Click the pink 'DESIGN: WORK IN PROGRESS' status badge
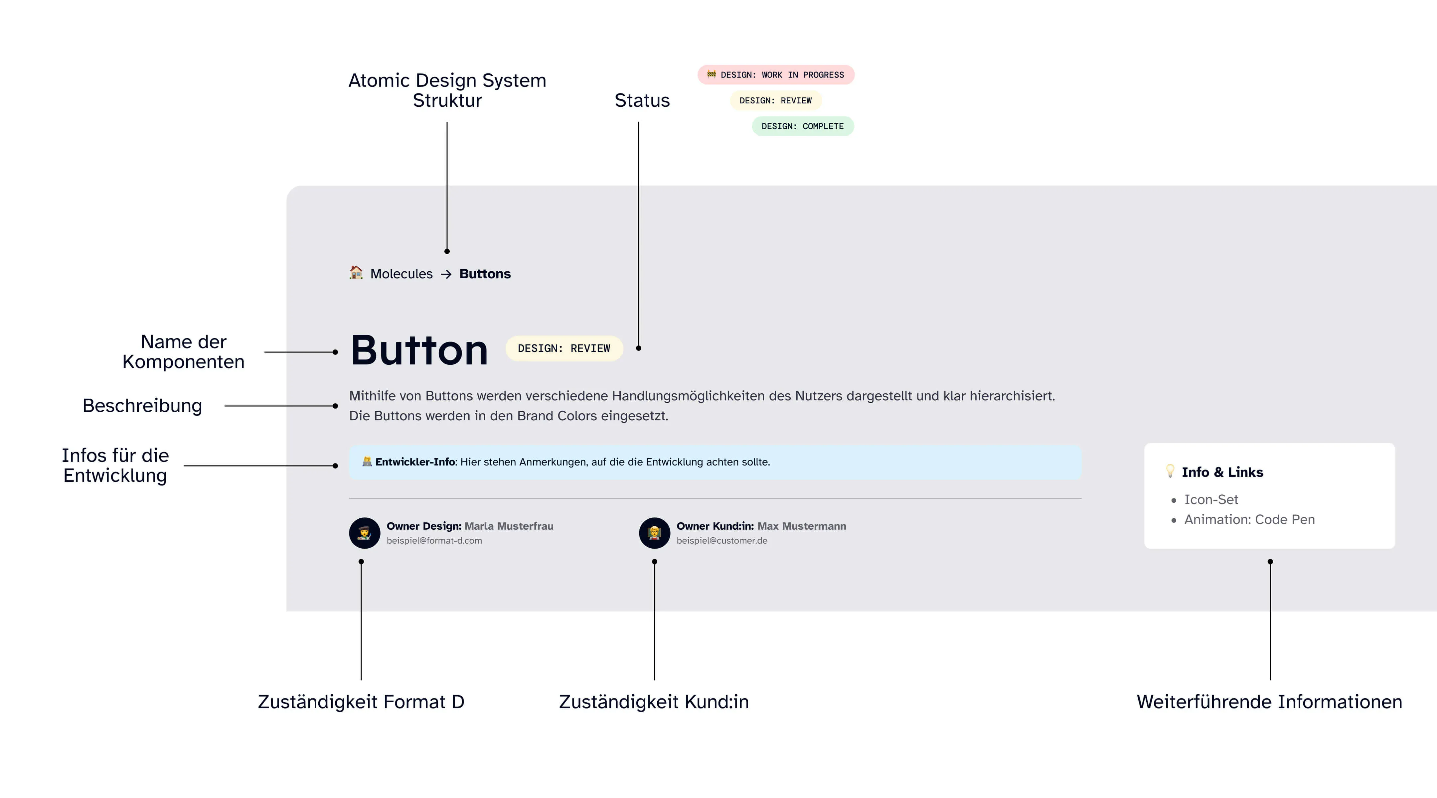tap(775, 75)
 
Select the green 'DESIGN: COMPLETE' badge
tap(803, 126)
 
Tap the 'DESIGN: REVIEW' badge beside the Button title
tap(564, 348)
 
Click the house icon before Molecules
tap(356, 273)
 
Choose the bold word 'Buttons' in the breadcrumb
tap(485, 274)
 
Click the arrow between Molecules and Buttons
tap(446, 274)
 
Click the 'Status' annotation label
tap(642, 100)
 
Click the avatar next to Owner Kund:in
tap(654, 533)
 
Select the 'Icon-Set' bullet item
tap(1211, 500)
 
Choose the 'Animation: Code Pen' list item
tap(1250, 520)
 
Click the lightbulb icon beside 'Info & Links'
tap(1170, 471)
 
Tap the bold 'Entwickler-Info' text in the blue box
tap(415, 462)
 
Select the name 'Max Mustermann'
tap(802, 526)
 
